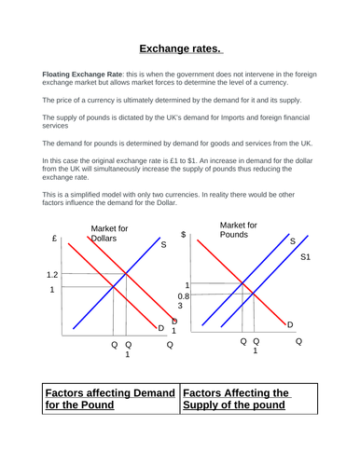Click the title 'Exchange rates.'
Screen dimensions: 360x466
tap(180, 49)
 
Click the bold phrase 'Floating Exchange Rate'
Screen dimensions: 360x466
tap(80, 73)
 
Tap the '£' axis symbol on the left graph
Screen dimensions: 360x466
tap(55, 239)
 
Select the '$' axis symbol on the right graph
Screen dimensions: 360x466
tap(185, 235)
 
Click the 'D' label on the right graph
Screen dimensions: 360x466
tap(290, 323)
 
